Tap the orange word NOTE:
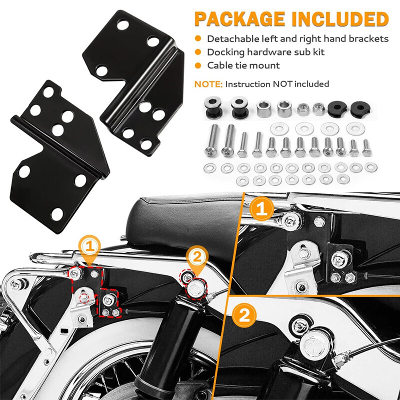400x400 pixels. (x=208, y=84)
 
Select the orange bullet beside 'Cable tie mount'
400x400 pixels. (x=198, y=65)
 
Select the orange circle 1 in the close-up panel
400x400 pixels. (x=261, y=208)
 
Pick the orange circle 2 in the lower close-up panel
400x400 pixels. (x=244, y=315)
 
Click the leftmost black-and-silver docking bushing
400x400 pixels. (x=213, y=107)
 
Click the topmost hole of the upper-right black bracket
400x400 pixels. (x=122, y=24)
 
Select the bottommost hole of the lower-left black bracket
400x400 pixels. (x=57, y=214)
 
